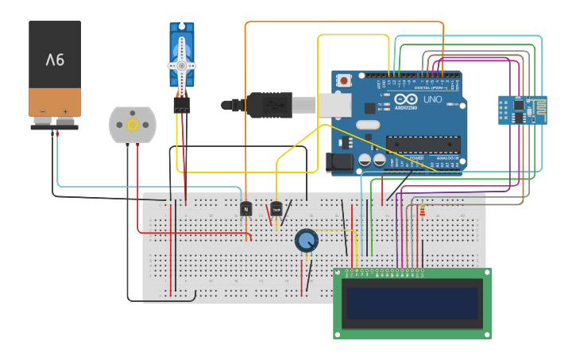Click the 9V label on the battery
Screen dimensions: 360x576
55,60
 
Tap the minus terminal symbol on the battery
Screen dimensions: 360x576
44,112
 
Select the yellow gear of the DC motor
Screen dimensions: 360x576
133,124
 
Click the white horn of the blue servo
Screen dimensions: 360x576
182,64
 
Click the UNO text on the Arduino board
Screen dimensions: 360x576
432,100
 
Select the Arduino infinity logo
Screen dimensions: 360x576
387,100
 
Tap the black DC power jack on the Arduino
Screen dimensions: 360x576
339,163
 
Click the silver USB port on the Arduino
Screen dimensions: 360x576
336,105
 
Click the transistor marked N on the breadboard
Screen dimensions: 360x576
245,208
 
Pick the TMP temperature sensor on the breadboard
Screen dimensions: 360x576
276,208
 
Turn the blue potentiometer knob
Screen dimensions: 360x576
306,240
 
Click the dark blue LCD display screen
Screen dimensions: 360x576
412,303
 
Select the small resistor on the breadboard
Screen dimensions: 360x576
423,211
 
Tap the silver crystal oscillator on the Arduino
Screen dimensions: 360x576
368,125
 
